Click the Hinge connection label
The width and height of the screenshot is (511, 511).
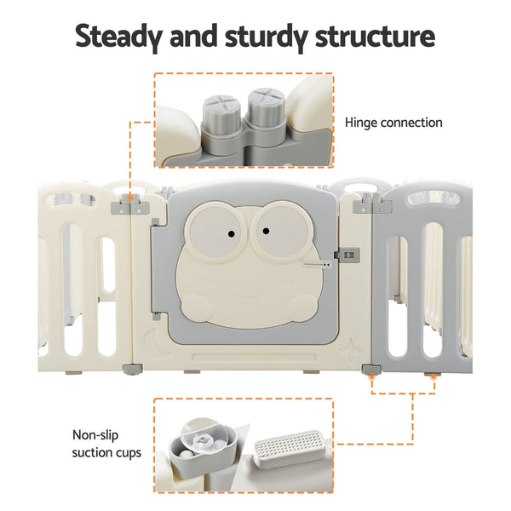coord(393,123)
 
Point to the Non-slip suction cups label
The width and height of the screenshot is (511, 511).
coord(106,444)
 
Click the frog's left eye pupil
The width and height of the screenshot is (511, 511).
coord(231,233)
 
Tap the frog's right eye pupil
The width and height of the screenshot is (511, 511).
coord(266,231)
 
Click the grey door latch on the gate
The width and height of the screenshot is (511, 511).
coord(347,255)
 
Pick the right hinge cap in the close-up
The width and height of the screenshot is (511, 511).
coord(264,106)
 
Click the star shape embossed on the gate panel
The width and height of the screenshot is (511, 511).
coord(351,350)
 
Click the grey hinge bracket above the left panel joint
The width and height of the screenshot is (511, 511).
coord(130,205)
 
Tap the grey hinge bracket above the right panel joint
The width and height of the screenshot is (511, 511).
coord(372,204)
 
